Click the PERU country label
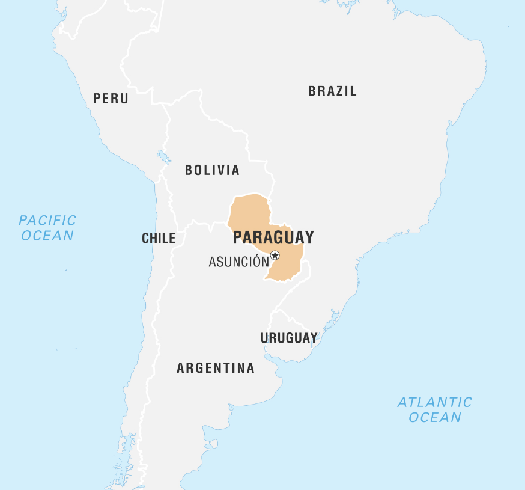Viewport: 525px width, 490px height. click(x=111, y=99)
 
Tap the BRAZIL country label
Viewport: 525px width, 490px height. click(x=332, y=91)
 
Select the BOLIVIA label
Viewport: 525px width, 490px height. click(x=212, y=170)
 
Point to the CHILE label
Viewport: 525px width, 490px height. click(x=159, y=239)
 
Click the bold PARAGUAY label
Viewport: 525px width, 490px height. click(x=273, y=237)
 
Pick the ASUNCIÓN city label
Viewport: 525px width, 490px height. click(x=238, y=262)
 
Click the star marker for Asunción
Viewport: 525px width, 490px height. click(x=275, y=256)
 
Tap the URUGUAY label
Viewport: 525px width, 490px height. click(x=288, y=338)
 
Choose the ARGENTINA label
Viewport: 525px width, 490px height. click(x=215, y=368)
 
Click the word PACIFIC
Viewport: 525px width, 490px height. click(x=47, y=220)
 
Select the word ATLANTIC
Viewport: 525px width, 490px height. click(x=435, y=402)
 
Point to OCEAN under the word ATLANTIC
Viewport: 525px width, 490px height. click(x=435, y=417)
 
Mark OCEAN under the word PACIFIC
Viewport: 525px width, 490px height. click(x=47, y=235)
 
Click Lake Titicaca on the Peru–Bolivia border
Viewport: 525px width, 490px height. click(x=164, y=158)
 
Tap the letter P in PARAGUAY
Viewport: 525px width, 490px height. click(x=238, y=237)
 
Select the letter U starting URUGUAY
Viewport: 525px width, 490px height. click(x=264, y=338)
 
